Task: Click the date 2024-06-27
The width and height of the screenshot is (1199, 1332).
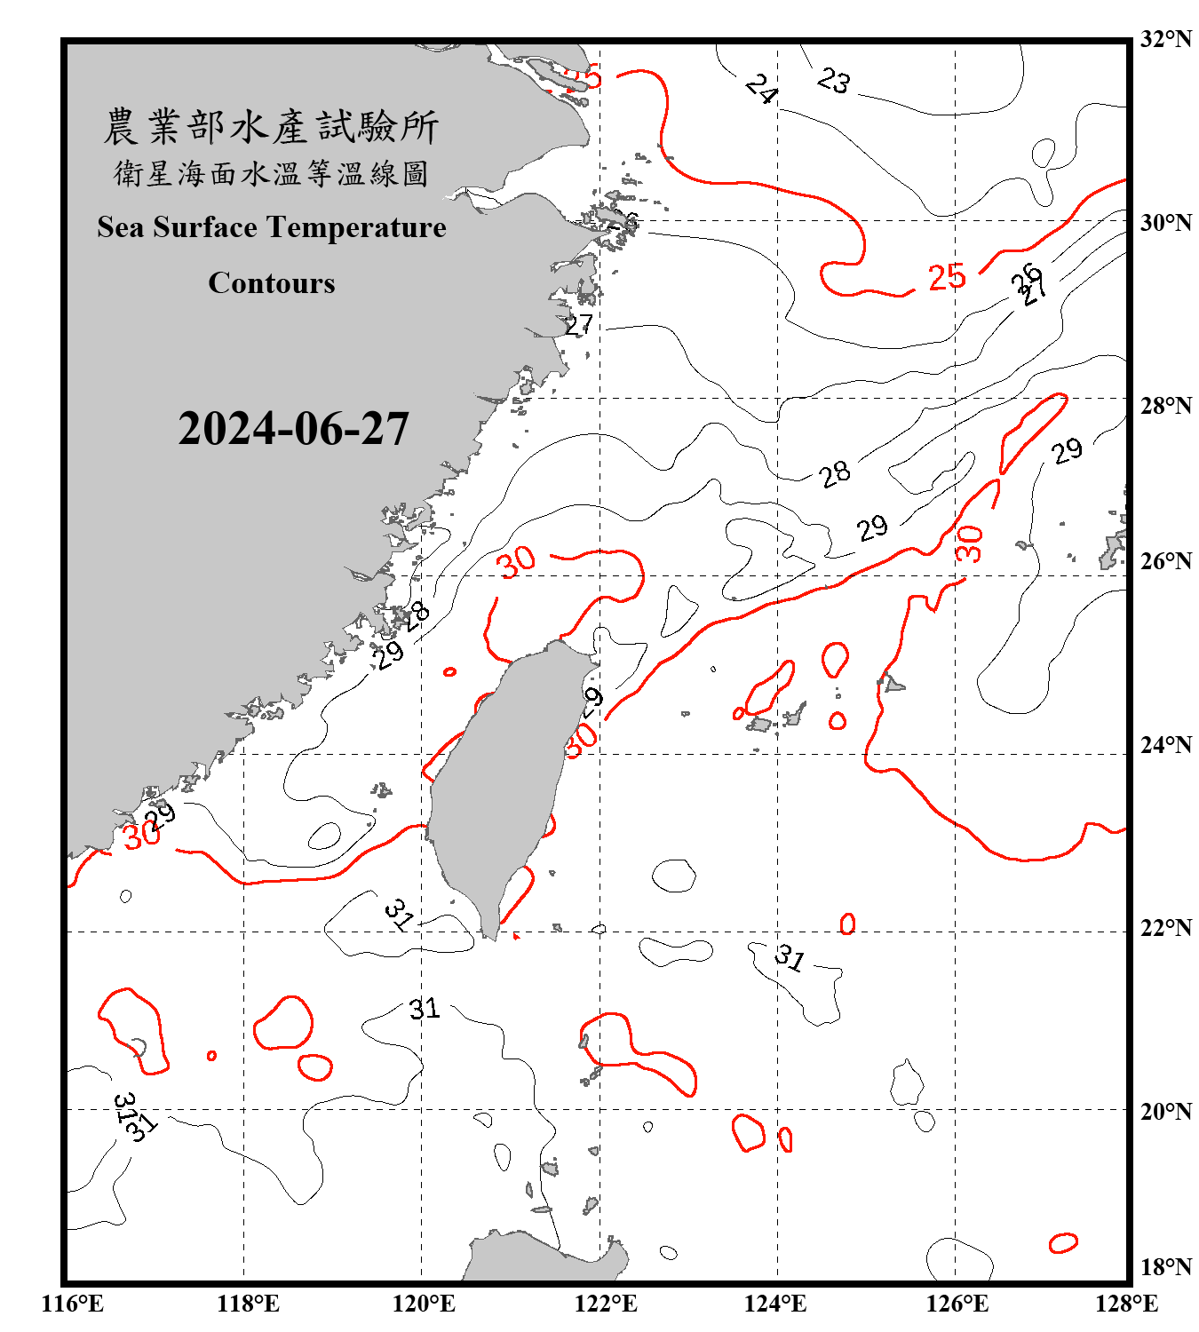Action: click(x=293, y=429)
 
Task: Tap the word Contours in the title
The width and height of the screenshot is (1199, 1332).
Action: click(x=272, y=283)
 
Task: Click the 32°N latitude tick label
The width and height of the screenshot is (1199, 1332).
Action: click(x=1165, y=39)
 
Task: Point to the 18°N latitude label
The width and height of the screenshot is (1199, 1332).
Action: click(x=1165, y=1267)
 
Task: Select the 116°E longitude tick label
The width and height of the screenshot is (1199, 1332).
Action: click(x=73, y=1304)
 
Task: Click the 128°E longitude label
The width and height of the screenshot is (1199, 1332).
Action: click(x=1126, y=1304)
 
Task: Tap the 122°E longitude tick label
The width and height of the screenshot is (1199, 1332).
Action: click(x=606, y=1304)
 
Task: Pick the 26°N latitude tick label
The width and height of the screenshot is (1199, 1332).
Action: click(x=1165, y=561)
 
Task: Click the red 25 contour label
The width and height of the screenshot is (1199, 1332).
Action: click(x=947, y=277)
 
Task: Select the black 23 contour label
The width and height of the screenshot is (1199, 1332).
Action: click(x=834, y=81)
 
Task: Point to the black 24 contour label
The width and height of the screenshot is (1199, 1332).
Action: click(x=762, y=89)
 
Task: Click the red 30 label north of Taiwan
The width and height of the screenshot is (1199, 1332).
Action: click(x=516, y=561)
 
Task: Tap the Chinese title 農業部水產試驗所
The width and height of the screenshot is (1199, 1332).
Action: click(x=272, y=127)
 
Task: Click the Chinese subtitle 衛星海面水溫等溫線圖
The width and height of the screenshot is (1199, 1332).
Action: click(x=272, y=173)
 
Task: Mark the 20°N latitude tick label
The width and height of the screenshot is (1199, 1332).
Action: click(x=1165, y=1111)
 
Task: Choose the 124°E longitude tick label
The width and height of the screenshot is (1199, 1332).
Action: click(x=775, y=1304)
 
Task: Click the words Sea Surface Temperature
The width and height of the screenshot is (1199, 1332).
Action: click(x=272, y=227)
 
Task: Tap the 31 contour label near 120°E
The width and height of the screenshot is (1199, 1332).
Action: click(x=425, y=1009)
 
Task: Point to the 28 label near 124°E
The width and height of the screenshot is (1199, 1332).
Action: click(x=835, y=474)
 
